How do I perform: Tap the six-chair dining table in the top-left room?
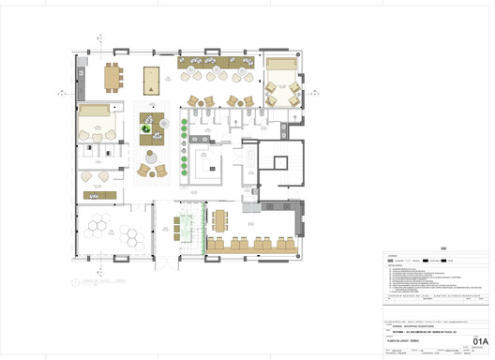click(112, 76)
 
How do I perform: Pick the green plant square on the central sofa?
click(146, 131)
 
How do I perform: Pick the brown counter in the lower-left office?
click(97, 195)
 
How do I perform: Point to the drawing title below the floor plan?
click(103, 280)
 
